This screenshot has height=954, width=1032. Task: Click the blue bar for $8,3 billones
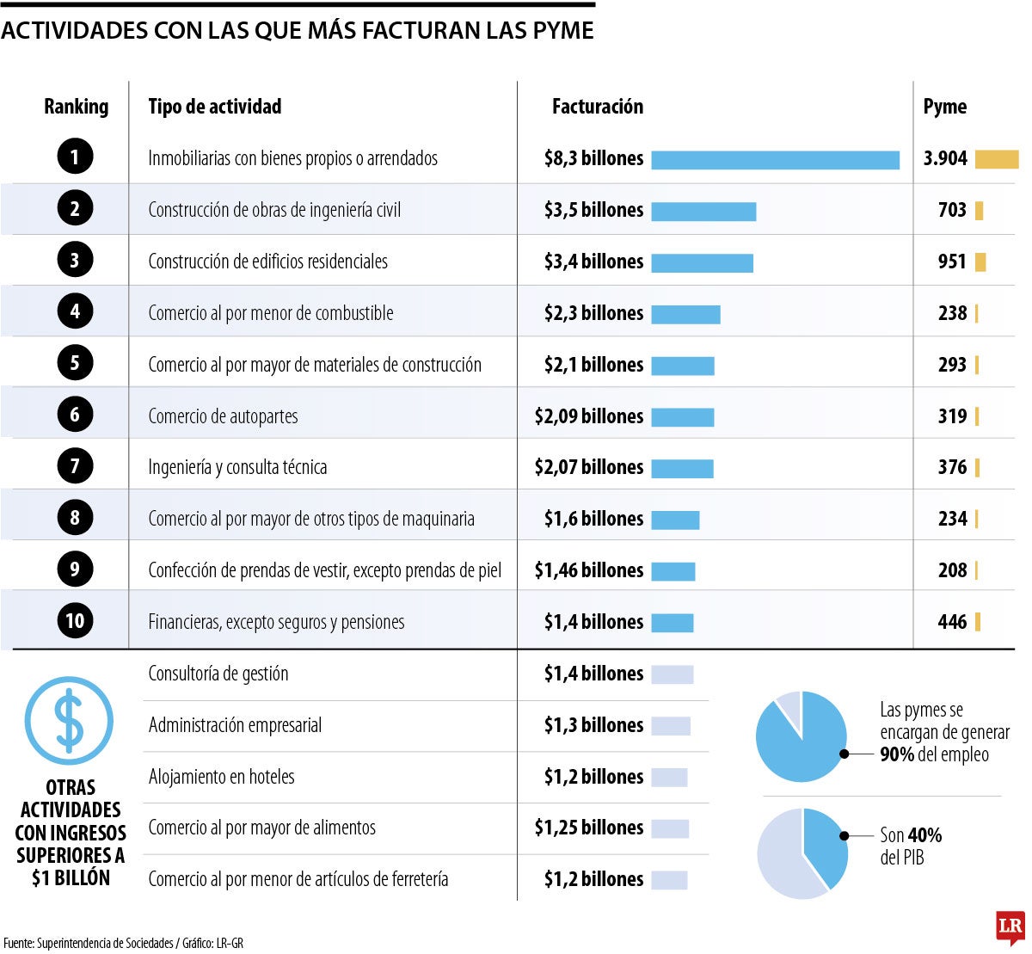pyautogui.click(x=775, y=159)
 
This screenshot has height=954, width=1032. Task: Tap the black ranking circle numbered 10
pyautogui.click(x=75, y=620)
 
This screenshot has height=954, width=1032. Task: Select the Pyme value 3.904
pyautogui.click(x=945, y=158)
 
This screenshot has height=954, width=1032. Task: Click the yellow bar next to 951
pyautogui.click(x=980, y=262)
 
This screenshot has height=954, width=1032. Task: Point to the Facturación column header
pyautogui.click(x=597, y=107)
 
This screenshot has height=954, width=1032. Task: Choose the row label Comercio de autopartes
pyautogui.click(x=223, y=416)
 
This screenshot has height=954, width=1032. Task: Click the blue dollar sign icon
pyautogui.click(x=69, y=720)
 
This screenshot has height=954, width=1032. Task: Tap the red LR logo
pyautogui.click(x=1010, y=926)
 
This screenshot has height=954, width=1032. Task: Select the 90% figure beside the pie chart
pyautogui.click(x=897, y=754)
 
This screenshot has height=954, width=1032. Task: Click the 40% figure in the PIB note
pyautogui.click(x=924, y=835)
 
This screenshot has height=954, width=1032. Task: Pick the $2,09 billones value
pyautogui.click(x=588, y=416)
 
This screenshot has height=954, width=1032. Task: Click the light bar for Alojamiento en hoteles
pyautogui.click(x=669, y=777)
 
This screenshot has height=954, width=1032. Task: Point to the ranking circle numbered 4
pyautogui.click(x=75, y=311)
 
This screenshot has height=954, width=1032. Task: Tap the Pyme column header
pyautogui.click(x=944, y=107)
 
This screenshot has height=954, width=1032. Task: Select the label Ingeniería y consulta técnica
pyautogui.click(x=237, y=467)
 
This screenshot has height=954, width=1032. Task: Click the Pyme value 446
pyautogui.click(x=952, y=621)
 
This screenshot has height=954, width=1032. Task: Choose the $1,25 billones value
pyautogui.click(x=588, y=828)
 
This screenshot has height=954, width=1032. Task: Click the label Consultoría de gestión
pyautogui.click(x=218, y=674)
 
